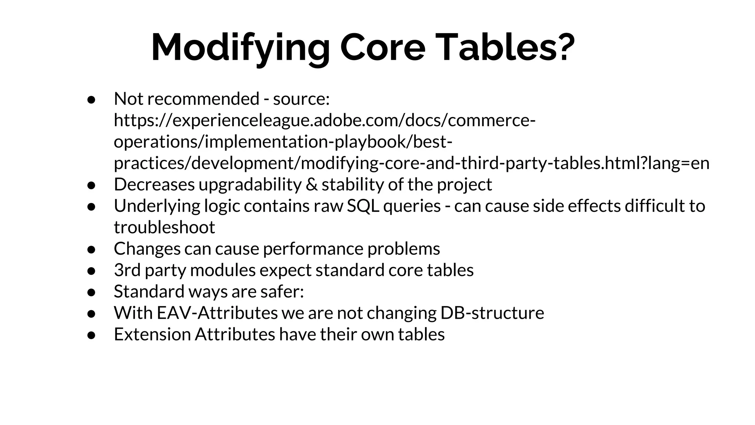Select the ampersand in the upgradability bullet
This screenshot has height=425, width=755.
[x=312, y=184]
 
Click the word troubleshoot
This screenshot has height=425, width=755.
[x=164, y=227]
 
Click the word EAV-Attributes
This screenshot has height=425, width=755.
[x=217, y=313]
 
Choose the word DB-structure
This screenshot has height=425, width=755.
[x=492, y=313]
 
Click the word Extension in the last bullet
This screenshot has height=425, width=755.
[x=152, y=334]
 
